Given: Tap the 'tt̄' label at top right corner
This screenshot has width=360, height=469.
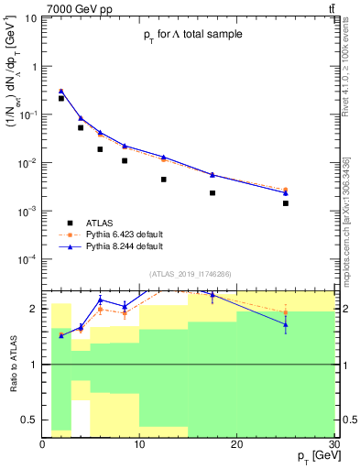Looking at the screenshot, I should pyautogui.click(x=330, y=8).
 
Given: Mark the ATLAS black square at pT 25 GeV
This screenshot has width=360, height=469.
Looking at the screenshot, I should pyautogui.click(x=285, y=203).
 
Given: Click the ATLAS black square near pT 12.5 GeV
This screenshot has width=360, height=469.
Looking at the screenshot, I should pyautogui.click(x=164, y=180).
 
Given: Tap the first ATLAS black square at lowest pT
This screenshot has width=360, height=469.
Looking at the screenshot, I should pyautogui.click(x=61, y=98).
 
